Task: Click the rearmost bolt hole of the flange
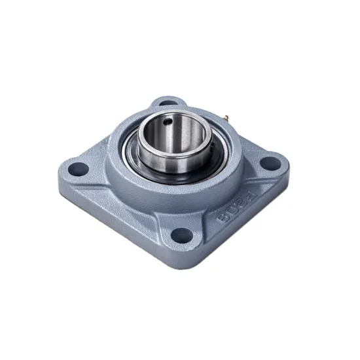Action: click(168, 103)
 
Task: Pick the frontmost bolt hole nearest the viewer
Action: click(183, 234)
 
